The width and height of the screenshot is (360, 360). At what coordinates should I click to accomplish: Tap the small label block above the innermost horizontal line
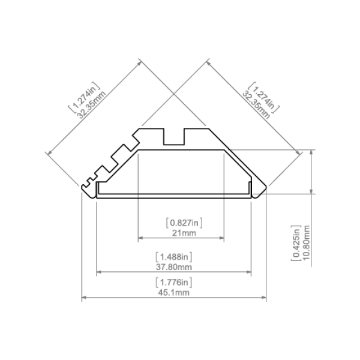click(184, 224)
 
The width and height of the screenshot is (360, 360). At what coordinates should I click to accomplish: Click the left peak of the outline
click(139, 61)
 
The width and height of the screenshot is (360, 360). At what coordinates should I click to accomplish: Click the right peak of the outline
click(206, 61)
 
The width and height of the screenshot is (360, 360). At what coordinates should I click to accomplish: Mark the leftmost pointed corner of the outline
click(47, 154)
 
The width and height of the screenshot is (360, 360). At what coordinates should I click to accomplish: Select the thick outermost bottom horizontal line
click(173, 298)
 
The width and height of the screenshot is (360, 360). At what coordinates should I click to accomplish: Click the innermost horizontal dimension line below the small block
click(180, 238)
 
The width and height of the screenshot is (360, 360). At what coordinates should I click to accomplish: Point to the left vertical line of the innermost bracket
click(137, 198)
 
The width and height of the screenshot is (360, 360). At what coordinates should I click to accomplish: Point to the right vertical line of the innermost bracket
click(223, 198)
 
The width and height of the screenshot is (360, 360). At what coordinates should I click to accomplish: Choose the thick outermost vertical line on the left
click(80, 246)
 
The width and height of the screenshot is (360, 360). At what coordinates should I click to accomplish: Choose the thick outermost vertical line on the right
click(265, 246)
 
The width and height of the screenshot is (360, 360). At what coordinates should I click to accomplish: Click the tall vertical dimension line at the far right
click(310, 210)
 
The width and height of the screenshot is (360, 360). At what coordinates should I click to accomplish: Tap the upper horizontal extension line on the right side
click(264, 151)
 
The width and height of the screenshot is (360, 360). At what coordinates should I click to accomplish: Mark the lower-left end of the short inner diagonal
click(142, 125)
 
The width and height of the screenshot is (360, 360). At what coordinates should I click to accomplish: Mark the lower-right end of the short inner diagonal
click(205, 125)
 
